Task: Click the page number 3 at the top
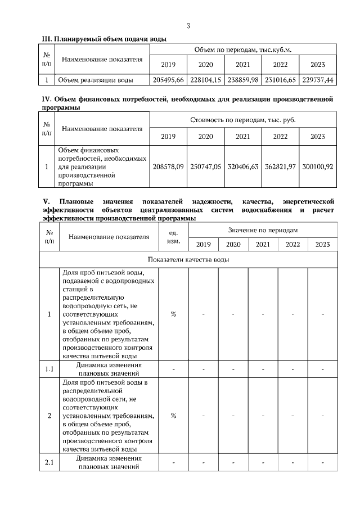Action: click(188, 25)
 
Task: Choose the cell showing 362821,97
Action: click(280, 167)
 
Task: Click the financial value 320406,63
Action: click(243, 167)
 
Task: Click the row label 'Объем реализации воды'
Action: click(95, 80)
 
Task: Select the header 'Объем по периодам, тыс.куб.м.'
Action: click(243, 50)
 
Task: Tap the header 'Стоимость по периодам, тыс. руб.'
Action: click(243, 120)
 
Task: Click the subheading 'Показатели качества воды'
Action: click(188, 259)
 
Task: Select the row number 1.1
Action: click(49, 369)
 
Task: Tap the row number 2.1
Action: click(49, 463)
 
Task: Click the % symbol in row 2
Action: click(173, 416)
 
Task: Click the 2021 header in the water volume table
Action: click(243, 64)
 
